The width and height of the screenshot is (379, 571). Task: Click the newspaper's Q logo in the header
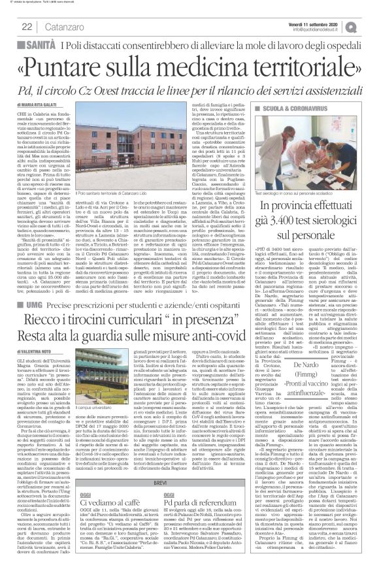click(370, 25)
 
